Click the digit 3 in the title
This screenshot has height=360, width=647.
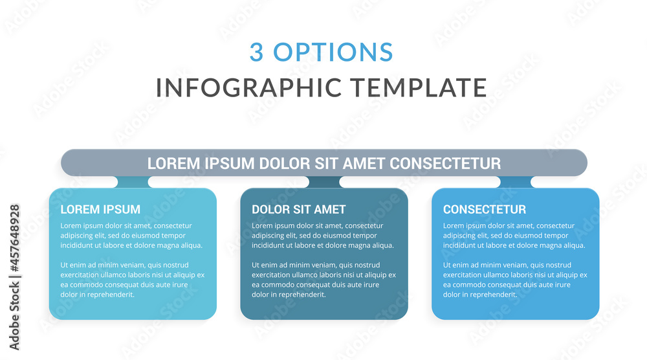257,52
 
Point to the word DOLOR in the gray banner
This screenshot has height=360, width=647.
285,163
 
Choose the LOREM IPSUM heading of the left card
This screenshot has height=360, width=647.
100,209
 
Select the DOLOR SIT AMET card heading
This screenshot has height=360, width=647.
298,209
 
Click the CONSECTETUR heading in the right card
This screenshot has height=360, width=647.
485,209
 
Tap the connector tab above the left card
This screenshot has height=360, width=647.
133,182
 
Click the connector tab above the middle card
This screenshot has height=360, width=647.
323,182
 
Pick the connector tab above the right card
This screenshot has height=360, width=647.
515,182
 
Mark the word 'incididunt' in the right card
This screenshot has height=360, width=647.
461,245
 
